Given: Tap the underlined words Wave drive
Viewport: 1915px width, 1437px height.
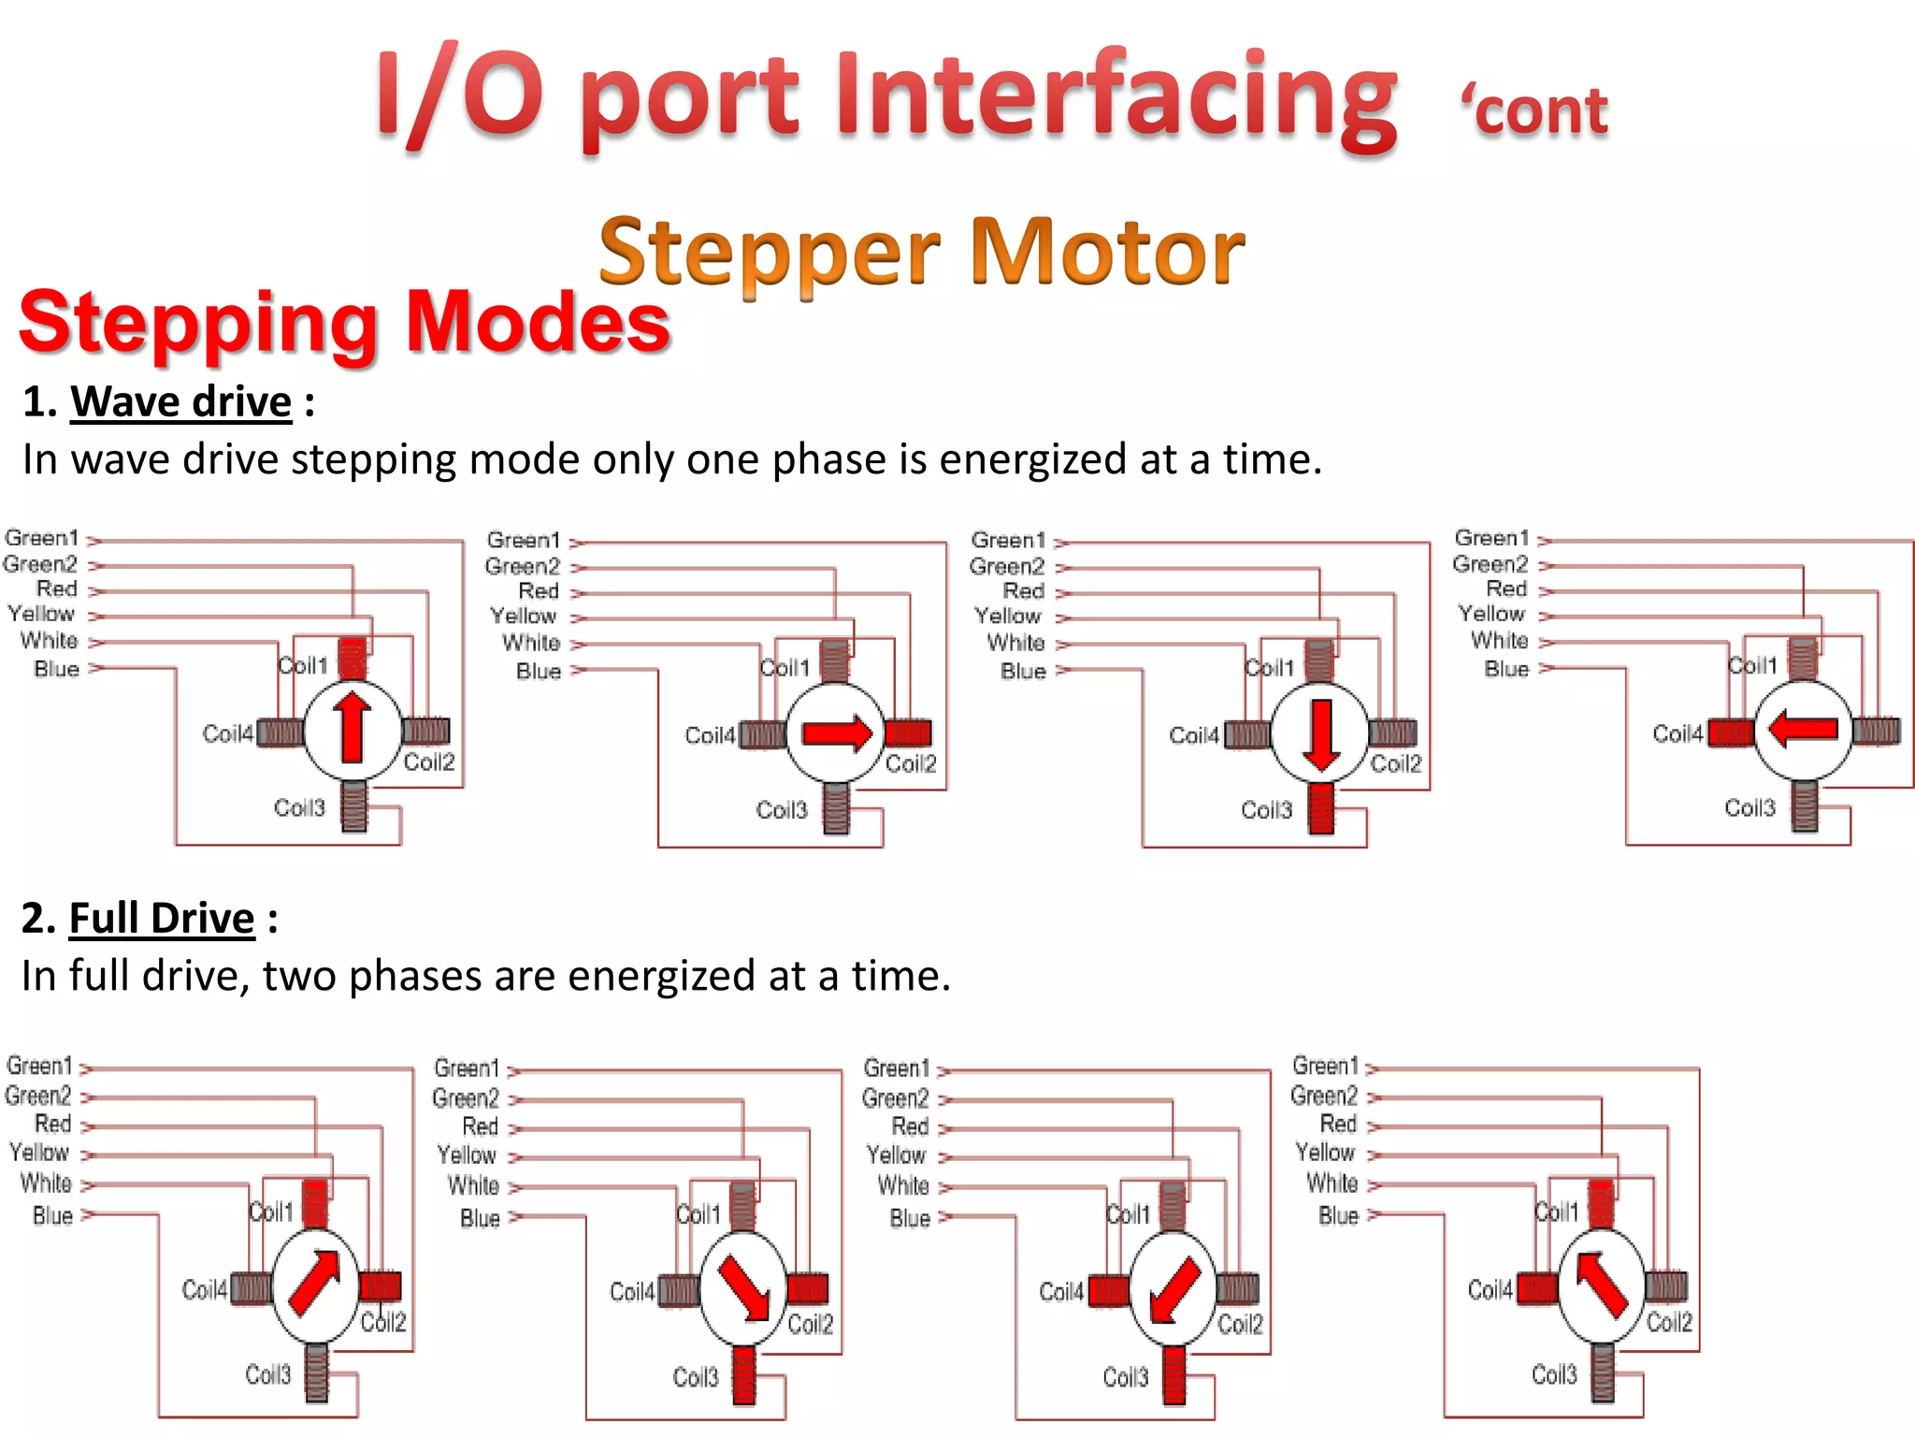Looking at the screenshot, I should coord(181,402).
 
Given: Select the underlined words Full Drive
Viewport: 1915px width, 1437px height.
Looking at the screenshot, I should coord(162,919).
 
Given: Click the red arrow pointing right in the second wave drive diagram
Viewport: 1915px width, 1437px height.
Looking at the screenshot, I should coord(836,733).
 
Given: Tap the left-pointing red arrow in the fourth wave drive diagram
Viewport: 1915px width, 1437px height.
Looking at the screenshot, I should coord(1804,728).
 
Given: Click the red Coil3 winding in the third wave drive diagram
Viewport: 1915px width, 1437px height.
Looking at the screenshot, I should coord(1320,808).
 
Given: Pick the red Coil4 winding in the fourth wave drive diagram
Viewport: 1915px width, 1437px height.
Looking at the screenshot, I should coord(1731,733).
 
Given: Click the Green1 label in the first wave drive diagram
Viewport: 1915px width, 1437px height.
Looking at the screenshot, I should coord(41,538).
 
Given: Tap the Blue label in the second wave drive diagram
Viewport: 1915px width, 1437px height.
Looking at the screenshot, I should coord(539,671).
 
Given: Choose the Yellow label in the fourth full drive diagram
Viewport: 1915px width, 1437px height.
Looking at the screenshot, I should coord(1325,1153).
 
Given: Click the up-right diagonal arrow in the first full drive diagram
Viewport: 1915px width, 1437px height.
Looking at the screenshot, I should coord(315,1282).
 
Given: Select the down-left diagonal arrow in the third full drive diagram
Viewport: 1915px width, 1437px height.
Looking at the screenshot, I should coord(1173,1289).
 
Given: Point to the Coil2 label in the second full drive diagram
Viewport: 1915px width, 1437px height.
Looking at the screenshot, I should coord(810,1325).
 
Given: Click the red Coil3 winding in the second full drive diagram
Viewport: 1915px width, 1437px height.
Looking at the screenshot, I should coord(743,1374).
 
